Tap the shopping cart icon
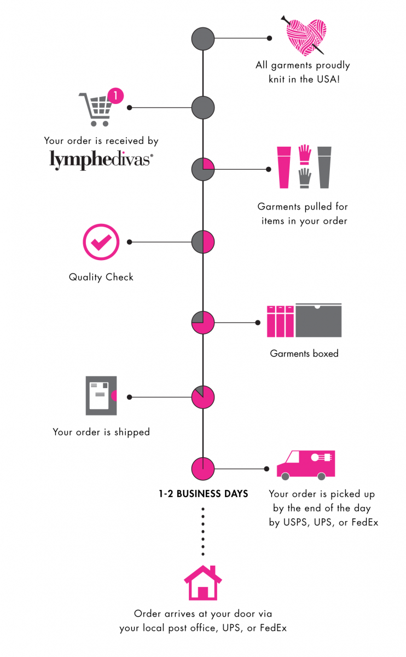pos(95,109)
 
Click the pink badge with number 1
pos(115,96)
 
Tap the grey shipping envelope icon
pos(101,396)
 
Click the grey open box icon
pos(318,320)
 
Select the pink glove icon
pos(305,154)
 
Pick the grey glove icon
pos(305,178)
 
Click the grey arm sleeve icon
pos(324,168)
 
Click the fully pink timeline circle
pos(203,469)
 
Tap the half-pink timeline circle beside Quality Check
pos(203,242)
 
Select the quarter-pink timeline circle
pos(203,169)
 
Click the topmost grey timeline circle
pos(203,38)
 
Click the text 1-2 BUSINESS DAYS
pos(203,494)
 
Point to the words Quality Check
pos(101,277)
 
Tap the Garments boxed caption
pos(304,354)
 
